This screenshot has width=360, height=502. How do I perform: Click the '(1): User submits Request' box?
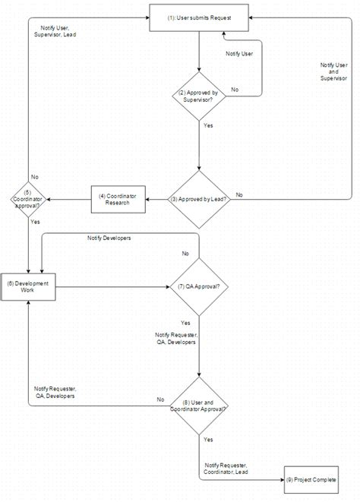point(198,16)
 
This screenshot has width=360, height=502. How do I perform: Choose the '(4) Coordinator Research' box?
point(118,200)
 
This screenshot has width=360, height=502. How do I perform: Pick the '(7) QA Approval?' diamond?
point(198,287)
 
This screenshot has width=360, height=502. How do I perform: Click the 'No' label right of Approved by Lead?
point(239,195)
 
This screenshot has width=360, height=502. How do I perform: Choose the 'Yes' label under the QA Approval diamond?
point(186,323)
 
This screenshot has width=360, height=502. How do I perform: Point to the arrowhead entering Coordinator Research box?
point(146,200)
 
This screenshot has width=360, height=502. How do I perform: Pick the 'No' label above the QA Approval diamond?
point(185,254)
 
